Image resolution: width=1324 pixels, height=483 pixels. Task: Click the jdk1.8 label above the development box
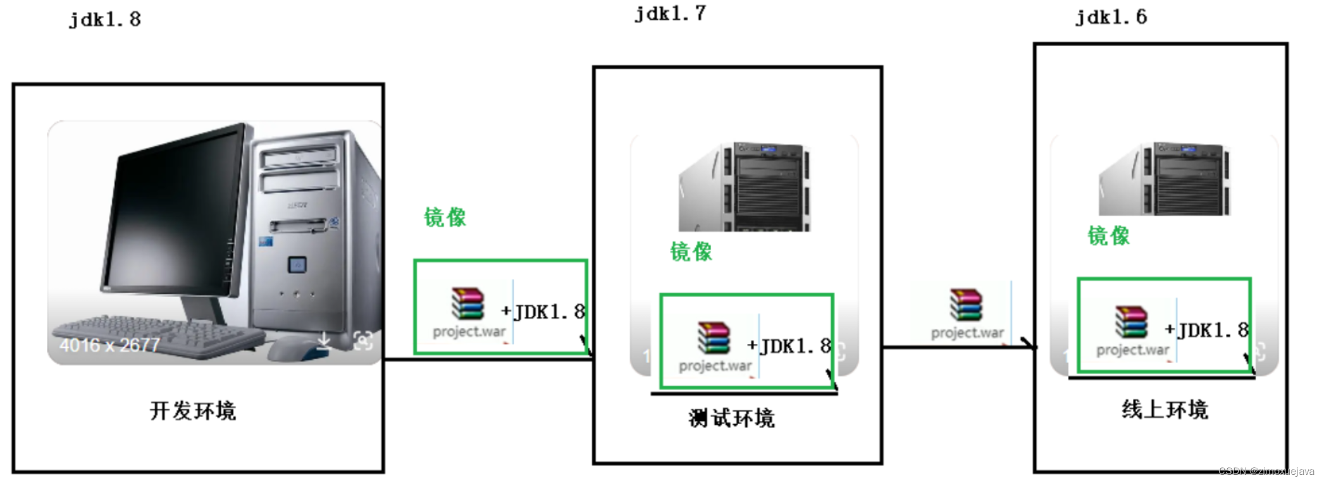point(105,20)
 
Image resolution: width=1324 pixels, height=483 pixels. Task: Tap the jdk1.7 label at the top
point(670,14)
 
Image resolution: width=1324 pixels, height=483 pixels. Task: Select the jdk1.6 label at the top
point(1111,17)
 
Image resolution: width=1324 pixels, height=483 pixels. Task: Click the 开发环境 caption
point(193,411)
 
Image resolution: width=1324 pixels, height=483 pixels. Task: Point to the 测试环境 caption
point(732,419)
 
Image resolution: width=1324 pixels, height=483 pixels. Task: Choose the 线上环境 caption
point(1165,410)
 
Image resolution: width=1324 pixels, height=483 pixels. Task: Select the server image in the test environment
point(745,187)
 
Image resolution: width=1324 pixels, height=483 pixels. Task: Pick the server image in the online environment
point(1165,180)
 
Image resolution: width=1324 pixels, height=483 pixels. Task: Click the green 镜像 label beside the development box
point(445,217)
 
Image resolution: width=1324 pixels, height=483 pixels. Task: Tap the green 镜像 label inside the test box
point(691,252)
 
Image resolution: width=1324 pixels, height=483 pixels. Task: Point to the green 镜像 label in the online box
point(1108,236)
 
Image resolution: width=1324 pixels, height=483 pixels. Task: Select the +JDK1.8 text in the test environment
point(789,346)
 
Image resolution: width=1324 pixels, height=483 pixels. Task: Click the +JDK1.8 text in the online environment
point(1207,330)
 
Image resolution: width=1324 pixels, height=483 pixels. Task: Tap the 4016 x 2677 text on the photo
point(109,345)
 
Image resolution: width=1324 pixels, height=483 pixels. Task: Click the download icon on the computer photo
point(324,341)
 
